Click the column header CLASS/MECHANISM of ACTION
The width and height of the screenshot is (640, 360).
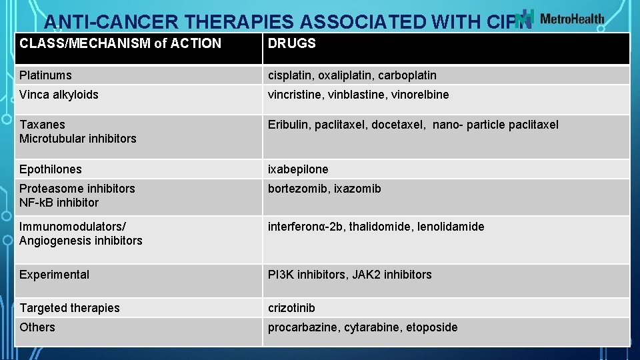(120, 44)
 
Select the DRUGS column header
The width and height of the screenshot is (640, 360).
(291, 44)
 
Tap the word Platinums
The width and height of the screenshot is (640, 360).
(45, 75)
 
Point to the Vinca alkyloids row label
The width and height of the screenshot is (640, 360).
(59, 95)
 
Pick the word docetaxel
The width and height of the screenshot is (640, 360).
(398, 125)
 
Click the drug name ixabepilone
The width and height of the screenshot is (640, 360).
(298, 169)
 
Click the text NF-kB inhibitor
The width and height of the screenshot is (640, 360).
(59, 203)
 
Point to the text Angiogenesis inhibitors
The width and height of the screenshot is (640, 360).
(81, 241)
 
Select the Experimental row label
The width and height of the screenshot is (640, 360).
(54, 275)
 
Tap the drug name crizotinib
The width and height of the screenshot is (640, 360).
(291, 308)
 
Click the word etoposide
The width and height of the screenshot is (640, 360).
(431, 327)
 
